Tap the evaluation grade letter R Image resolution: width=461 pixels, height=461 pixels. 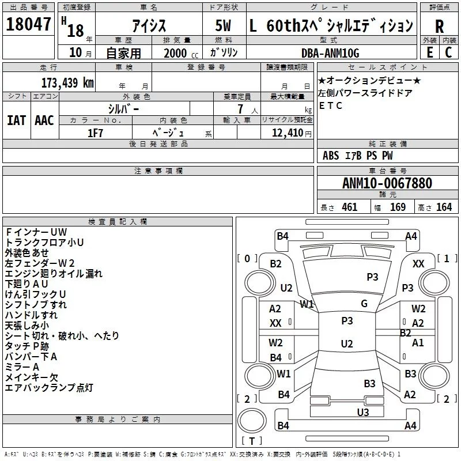pos(440,27)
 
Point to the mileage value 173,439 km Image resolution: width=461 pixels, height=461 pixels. pos(67,82)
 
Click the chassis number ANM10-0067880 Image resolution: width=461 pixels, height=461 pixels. pos(387,183)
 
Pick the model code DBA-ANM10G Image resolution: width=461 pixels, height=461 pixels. pos(331,53)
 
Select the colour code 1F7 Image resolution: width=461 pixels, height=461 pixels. pos(96,132)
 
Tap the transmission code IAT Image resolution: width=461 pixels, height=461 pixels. pos(17,120)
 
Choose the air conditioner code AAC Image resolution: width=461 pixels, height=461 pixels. pos(44,120)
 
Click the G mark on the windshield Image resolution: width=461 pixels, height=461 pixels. pos(364,304)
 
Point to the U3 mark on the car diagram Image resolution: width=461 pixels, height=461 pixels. pos(362,411)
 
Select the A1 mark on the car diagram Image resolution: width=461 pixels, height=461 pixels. pos(418,342)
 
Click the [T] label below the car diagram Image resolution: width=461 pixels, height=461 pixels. pos(251,441)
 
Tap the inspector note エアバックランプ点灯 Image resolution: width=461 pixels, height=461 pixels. pos(49,388)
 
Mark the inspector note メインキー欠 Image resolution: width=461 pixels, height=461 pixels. pos(32,377)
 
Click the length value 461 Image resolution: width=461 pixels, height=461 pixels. pos(349,207)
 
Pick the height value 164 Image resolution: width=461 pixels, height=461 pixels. pos(444,207)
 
